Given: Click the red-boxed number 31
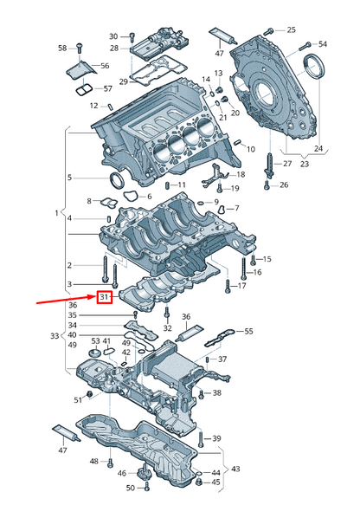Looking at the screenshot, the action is (x=104, y=297).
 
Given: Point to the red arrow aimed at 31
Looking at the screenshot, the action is (x=67, y=300).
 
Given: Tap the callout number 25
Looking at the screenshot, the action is (x=291, y=30).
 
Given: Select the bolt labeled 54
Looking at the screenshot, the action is (x=305, y=46).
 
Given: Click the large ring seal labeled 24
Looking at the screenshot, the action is (x=315, y=66).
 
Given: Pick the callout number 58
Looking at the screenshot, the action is (x=62, y=48).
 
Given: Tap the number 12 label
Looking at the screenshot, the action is (x=93, y=106).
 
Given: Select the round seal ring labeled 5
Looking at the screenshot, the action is (x=116, y=180).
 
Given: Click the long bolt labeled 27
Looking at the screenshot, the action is (x=270, y=165).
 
